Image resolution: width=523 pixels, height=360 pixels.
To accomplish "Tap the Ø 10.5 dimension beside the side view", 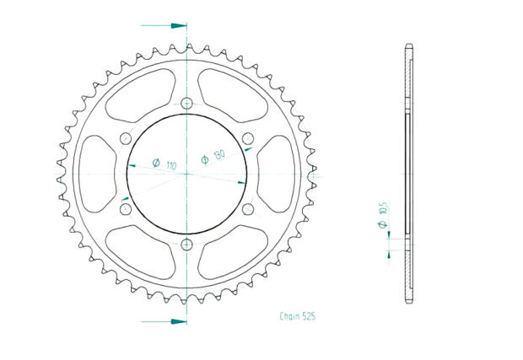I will point(382,217).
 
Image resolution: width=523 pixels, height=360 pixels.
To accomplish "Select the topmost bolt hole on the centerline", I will point(186,104).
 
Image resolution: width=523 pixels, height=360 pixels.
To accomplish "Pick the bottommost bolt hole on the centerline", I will point(186,244).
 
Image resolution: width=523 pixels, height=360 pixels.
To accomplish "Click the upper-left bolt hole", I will point(126,139).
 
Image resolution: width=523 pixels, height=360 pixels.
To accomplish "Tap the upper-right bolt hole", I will point(247,139).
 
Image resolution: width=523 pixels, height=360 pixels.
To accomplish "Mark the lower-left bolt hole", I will point(126,209).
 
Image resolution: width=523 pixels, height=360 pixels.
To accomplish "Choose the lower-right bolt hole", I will point(247,209).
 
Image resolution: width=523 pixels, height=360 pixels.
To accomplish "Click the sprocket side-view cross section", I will point(409,174).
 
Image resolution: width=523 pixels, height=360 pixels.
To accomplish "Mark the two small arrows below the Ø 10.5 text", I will point(389,244).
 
